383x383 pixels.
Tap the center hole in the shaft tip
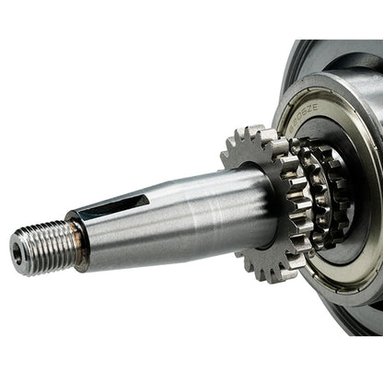click(x=18, y=250)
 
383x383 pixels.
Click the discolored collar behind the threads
click(x=77, y=238)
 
